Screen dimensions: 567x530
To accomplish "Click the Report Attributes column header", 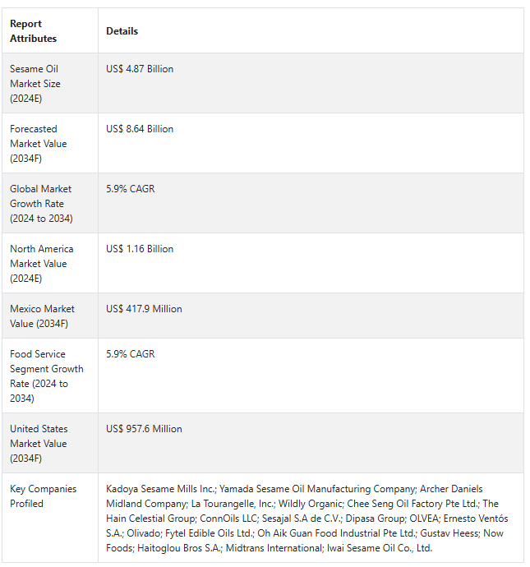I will (x=34, y=31).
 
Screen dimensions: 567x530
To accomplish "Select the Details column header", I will (x=122, y=31).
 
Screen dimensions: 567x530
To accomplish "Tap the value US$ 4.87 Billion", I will (x=140, y=69).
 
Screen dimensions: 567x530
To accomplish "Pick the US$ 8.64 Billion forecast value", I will (x=140, y=129).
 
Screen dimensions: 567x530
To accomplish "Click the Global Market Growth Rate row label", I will (x=41, y=204).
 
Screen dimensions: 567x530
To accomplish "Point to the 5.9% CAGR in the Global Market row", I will (x=130, y=189).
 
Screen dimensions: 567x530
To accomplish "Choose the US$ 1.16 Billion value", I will (x=140, y=249).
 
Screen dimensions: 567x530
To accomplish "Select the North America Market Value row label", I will (x=41, y=264).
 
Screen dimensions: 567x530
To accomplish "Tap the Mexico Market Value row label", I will (x=42, y=316).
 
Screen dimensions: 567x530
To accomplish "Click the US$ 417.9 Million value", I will (x=144, y=309).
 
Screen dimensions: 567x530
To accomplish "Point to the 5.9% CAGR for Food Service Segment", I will (x=130, y=354).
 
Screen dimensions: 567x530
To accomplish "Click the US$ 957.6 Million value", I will (x=144, y=429).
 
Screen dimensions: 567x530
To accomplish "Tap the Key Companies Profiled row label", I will (x=43, y=496).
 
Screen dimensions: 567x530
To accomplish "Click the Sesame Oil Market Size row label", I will (x=35, y=84).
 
